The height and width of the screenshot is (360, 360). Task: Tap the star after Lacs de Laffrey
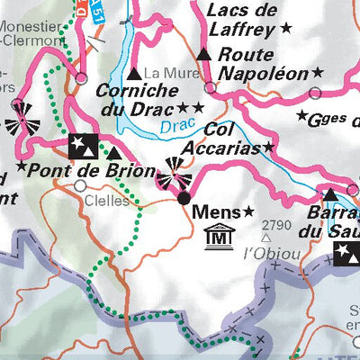coord(287,29)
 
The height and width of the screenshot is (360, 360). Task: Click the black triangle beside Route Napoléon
coord(204,55)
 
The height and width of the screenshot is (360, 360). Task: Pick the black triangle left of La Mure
coord(135,73)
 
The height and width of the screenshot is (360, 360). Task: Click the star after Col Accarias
coord(267,147)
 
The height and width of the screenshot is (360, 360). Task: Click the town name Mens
coord(216,213)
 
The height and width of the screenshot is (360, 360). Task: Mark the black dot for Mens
coord(184,197)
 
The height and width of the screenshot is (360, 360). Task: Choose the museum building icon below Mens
coord(217,238)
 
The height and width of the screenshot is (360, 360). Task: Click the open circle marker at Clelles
coord(80,186)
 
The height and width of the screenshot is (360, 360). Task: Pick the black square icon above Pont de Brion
coord(80,144)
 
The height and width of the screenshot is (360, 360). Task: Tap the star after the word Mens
coord(248,212)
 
